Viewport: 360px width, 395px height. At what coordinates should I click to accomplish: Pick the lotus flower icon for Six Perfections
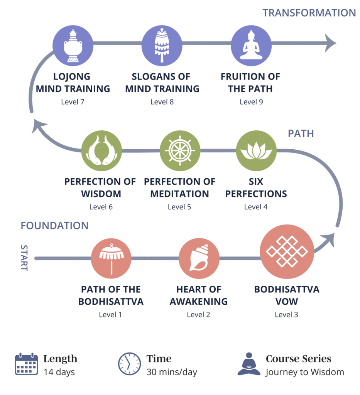click(x=256, y=151)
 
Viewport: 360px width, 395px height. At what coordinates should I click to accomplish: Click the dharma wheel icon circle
click(x=180, y=151)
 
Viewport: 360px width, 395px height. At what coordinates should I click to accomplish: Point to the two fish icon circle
click(x=101, y=151)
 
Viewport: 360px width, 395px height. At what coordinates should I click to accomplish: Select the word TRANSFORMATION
click(x=309, y=13)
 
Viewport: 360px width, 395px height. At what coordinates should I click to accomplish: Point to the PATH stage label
click(x=301, y=133)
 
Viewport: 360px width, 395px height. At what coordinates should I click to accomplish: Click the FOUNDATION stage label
click(x=54, y=226)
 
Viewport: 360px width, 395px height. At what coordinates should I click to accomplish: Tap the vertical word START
click(x=24, y=258)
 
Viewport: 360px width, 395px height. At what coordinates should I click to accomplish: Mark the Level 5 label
click(x=179, y=207)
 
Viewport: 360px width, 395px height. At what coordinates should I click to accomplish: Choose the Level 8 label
click(x=162, y=102)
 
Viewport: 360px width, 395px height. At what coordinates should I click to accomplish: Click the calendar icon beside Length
click(x=26, y=364)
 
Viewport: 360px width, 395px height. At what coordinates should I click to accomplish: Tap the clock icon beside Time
click(x=129, y=364)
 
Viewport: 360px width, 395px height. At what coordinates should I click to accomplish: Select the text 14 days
click(x=59, y=373)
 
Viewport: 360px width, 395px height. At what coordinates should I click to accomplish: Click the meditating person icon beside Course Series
click(x=249, y=364)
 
